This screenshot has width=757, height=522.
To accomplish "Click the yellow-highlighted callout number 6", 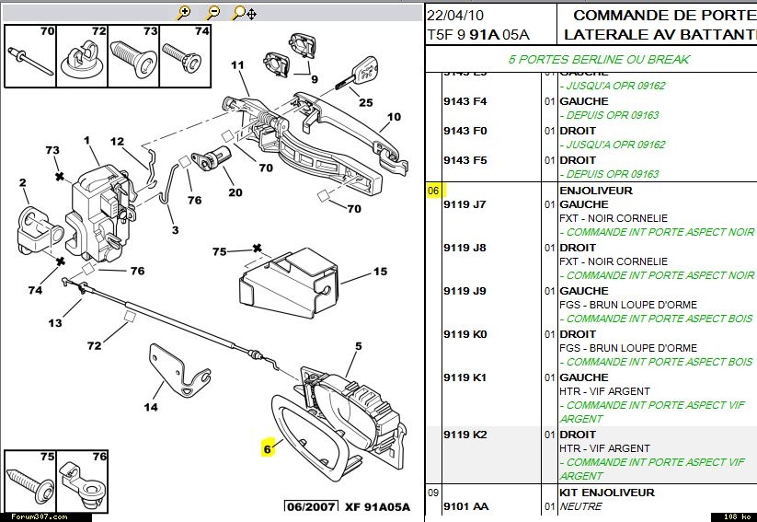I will click(x=268, y=449).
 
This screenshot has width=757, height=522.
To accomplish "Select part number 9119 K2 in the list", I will click(x=465, y=435).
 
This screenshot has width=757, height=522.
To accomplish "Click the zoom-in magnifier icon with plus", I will click(x=184, y=13).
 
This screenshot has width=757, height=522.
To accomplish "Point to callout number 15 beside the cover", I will click(x=381, y=272).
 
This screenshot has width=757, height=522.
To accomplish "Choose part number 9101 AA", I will click(x=465, y=506).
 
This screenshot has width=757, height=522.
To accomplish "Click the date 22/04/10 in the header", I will click(x=456, y=16).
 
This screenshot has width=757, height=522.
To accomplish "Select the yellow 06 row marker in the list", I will click(x=433, y=191).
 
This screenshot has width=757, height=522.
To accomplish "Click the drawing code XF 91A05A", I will click(x=377, y=506).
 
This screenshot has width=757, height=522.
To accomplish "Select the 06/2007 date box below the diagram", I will click(x=309, y=506).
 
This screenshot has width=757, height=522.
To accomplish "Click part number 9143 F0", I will click(x=465, y=131).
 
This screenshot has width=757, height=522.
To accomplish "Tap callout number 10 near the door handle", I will click(x=395, y=117).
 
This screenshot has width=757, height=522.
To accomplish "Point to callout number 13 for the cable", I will click(x=55, y=322).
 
